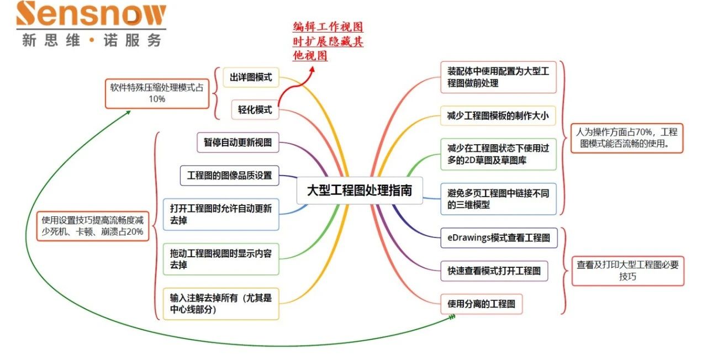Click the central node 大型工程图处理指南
click(360, 190)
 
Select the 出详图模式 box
click(251, 77)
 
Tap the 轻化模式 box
click(255, 110)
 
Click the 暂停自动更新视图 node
click(238, 142)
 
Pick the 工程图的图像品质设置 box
click(229, 176)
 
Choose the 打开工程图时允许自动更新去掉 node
click(221, 214)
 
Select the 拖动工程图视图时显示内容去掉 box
click(221, 259)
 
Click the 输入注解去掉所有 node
click(221, 303)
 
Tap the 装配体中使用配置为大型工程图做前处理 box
click(498, 77)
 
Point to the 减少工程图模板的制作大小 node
click(498, 115)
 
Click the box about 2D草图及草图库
click(498, 154)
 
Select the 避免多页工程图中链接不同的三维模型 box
click(498, 199)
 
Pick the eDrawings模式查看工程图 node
click(499, 238)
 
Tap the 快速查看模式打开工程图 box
click(494, 271)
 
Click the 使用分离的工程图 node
click(481, 304)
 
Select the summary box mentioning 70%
click(626, 138)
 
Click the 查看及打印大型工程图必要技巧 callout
click(627, 270)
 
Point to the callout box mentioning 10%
click(157, 93)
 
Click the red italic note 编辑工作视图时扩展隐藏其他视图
click(328, 41)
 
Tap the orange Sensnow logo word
click(91, 15)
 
